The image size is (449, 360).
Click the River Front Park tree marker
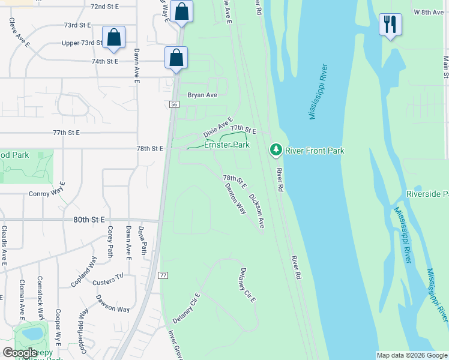(276, 149)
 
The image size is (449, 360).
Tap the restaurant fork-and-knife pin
(390, 25)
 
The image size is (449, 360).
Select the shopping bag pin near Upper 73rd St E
(113, 37)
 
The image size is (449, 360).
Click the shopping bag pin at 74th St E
(176, 58)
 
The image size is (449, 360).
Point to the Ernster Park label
(227, 145)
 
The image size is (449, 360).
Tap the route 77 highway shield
(163, 275)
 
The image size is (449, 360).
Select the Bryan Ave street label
(202, 95)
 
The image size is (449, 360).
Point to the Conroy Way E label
(46, 194)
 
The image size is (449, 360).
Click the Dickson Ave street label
(257, 211)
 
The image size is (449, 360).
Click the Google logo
(20, 353)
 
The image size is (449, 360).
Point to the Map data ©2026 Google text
(411, 355)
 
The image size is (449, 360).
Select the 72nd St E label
(104, 6)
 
